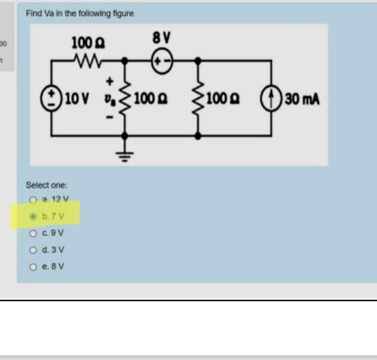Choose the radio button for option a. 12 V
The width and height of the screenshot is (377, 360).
33,200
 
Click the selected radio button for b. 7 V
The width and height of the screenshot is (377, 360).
33,216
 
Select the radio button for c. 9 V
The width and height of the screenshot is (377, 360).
33,233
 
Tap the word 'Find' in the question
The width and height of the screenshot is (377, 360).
33,13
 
